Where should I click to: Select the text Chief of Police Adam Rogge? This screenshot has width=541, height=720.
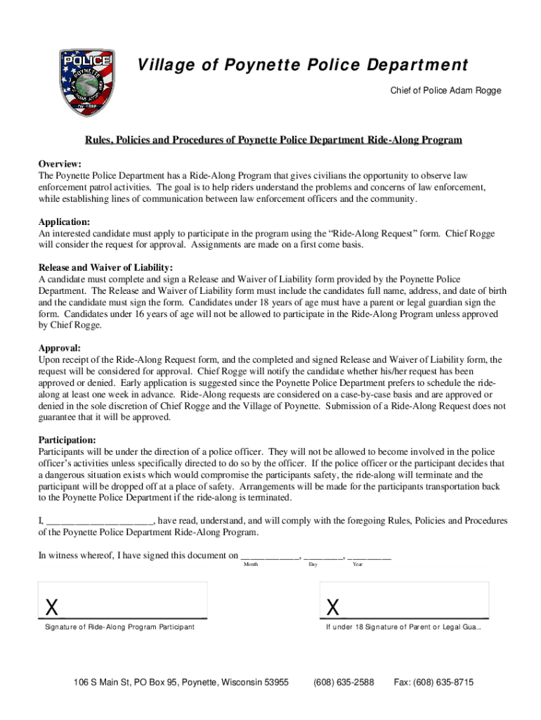pyautogui.click(x=445, y=91)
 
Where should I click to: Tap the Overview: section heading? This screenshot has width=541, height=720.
pyautogui.click(x=60, y=163)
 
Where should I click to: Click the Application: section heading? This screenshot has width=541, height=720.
pyautogui.click(x=64, y=221)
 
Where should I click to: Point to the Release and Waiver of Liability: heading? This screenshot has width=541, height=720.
pyautogui.click(x=105, y=268)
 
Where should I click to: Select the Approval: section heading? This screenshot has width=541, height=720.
pyautogui.click(x=60, y=348)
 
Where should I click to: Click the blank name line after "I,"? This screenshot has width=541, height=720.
pyautogui.click(x=99, y=521)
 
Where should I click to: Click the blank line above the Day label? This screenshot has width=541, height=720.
pyautogui.click(x=323, y=555)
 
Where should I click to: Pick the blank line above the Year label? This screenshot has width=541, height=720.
pyautogui.click(x=369, y=555)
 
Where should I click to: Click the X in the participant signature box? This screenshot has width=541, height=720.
pyautogui.click(x=51, y=606)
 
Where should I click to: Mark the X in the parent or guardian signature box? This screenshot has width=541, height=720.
pyautogui.click(x=333, y=606)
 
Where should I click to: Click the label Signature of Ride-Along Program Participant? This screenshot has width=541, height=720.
pyautogui.click(x=119, y=626)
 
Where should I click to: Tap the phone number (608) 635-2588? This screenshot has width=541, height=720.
pyautogui.click(x=344, y=682)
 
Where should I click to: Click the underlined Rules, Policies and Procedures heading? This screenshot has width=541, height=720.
pyautogui.click(x=273, y=140)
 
